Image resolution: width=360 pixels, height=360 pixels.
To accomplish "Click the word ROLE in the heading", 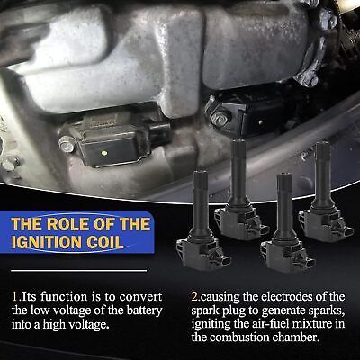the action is [x=68, y=224].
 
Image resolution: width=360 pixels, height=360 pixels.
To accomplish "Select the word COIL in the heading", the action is [x=105, y=242].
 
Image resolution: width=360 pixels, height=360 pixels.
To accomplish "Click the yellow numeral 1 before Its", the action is [x=14, y=297].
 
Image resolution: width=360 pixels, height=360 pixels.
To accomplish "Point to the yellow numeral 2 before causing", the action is [x=194, y=297].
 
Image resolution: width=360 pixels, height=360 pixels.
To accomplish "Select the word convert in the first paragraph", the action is [x=140, y=297].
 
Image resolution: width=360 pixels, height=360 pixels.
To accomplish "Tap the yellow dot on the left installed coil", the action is [x=104, y=153].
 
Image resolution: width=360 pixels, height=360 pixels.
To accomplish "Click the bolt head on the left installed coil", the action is [x=67, y=144].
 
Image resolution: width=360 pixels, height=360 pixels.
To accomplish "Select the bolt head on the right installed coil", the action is [x=220, y=118].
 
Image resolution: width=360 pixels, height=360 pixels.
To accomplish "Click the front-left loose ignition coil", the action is [x=202, y=220].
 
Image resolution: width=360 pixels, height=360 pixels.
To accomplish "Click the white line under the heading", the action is [x=79, y=271].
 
